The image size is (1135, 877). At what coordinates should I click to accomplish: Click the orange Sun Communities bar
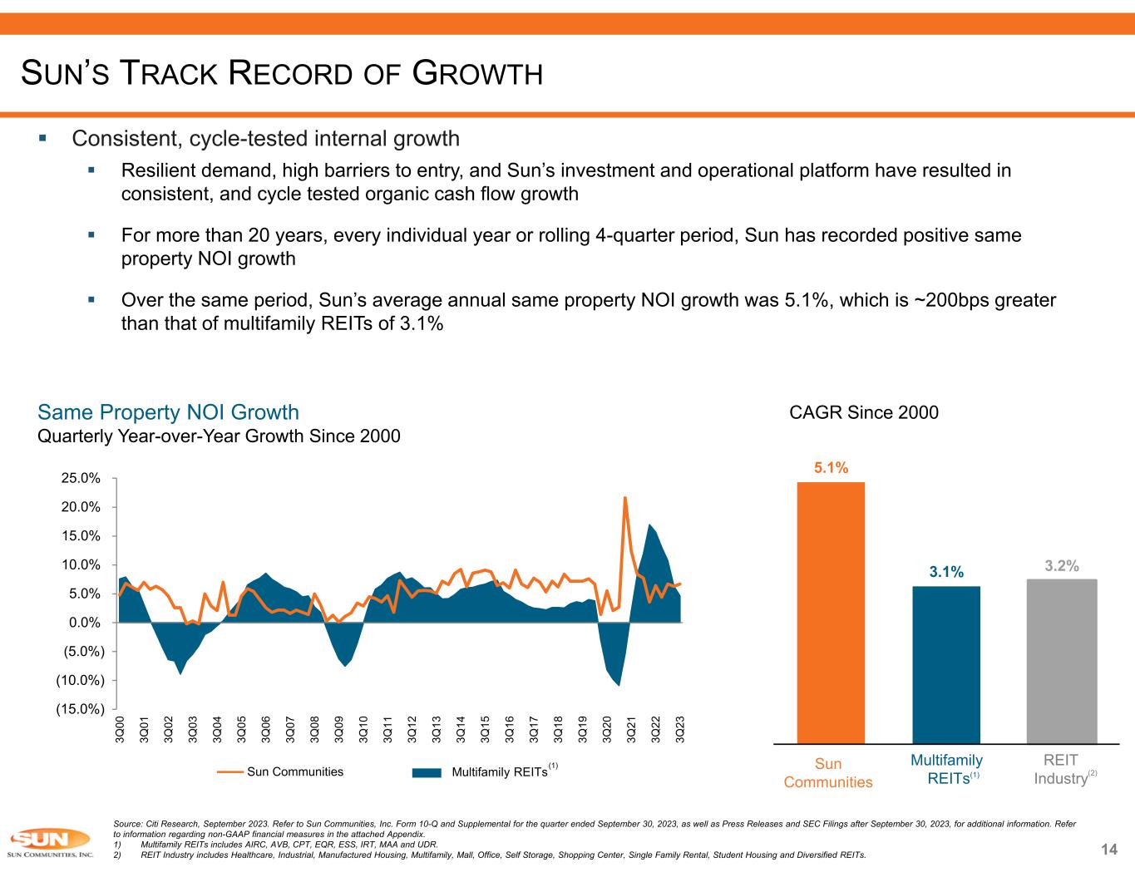pos(830,613)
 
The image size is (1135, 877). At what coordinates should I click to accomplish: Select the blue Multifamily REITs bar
pos(946,664)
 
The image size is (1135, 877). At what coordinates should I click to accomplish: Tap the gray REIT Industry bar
pos(1062,661)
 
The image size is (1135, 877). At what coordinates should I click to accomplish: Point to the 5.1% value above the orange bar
pos(831,468)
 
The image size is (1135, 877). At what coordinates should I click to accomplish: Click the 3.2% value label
pos(1062,566)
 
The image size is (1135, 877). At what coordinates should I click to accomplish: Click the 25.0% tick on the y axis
pos(83,478)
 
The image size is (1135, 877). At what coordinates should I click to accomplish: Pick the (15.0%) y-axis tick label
pos(80,709)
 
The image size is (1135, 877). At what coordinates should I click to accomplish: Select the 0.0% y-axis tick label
pos(86,623)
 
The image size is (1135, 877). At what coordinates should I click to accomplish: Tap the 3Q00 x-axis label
pos(121,729)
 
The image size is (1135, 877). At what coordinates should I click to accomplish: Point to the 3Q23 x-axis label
pos(680,729)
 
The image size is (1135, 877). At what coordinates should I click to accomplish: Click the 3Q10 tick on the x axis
pos(363,729)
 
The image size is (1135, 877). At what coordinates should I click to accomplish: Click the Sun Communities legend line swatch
pos(230,772)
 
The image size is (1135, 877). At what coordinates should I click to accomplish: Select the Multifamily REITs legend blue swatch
pos(427,772)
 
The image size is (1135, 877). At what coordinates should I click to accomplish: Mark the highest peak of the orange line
pos(625,498)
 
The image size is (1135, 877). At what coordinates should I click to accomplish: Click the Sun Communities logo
pos(47,841)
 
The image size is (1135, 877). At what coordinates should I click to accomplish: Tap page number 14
pos(1108,849)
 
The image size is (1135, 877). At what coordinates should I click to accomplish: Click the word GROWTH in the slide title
pos(478,75)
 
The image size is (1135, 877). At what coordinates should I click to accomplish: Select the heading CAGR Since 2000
pos(863,412)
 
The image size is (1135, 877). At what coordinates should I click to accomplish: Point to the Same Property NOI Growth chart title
pos(169,412)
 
